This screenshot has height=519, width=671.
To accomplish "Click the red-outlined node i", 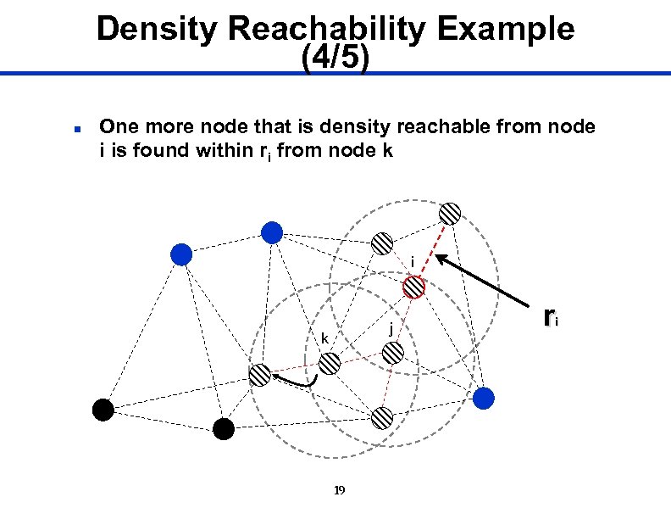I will coord(413,287).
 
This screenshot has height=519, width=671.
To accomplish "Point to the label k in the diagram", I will coord(324,339).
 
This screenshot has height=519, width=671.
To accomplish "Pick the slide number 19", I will coord(340,490).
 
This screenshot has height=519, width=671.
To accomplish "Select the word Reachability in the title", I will coord(322,30).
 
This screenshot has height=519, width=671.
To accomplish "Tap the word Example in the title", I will coord(507,30).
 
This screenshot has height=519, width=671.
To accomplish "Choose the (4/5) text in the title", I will coord(335,59).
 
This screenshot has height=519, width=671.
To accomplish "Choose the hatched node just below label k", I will coord(330,364).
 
